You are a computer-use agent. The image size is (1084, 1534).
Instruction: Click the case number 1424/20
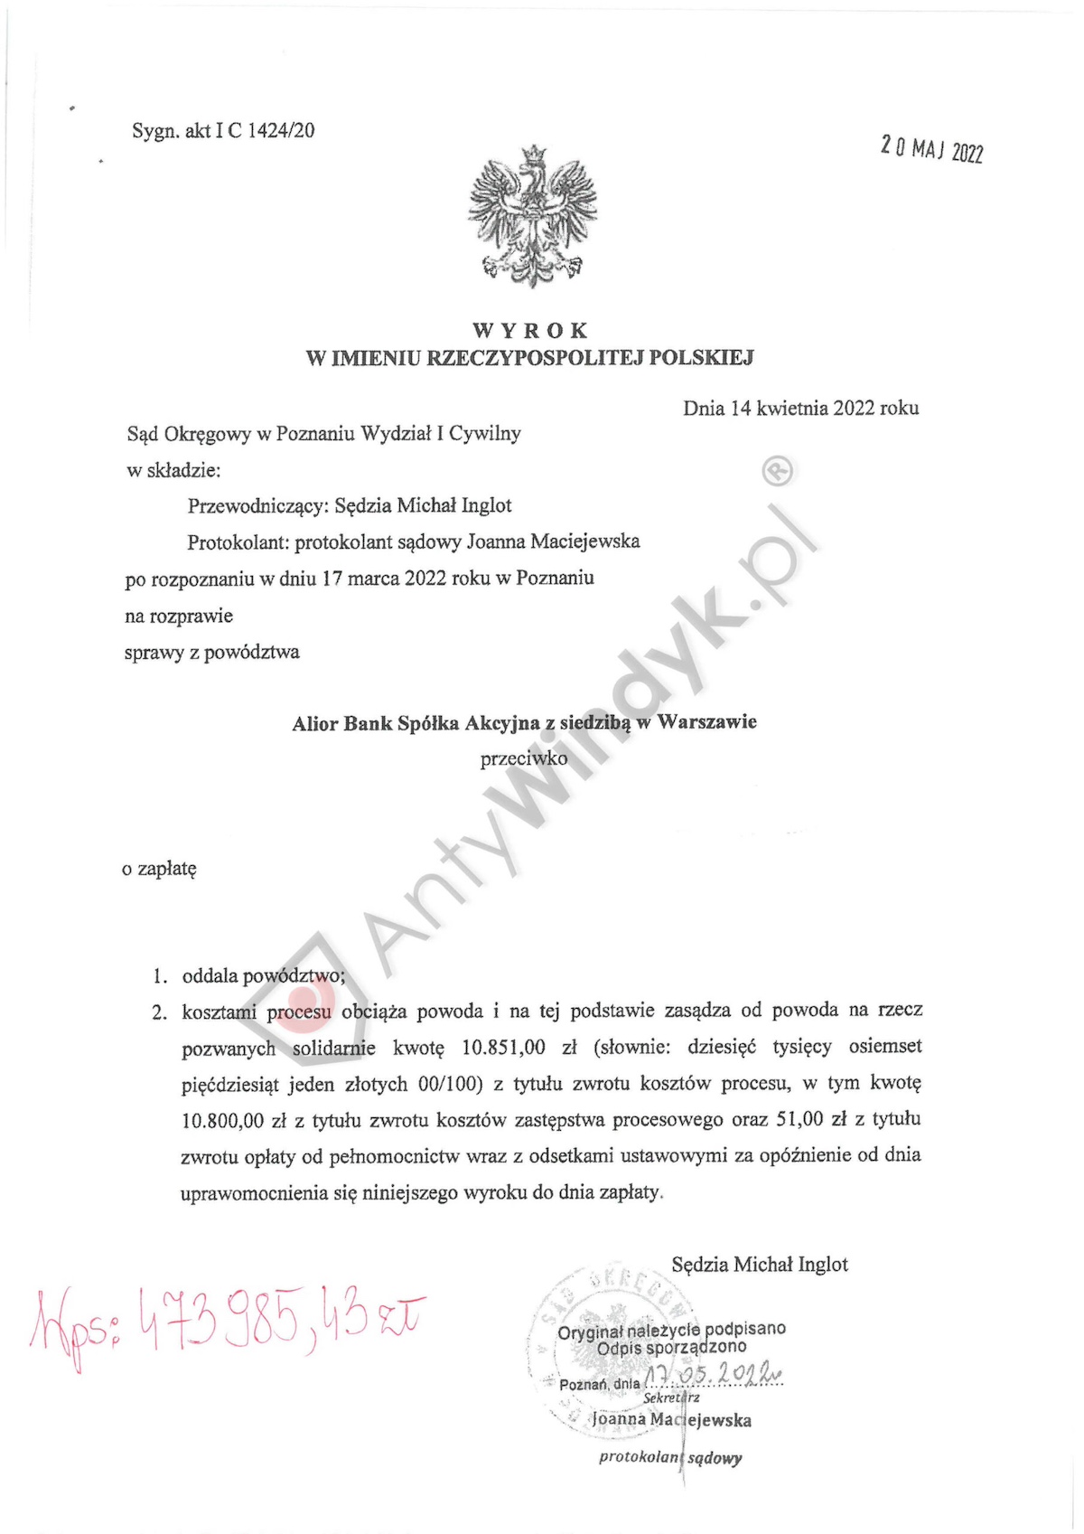tap(280, 130)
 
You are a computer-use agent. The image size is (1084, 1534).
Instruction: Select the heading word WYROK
tap(529, 330)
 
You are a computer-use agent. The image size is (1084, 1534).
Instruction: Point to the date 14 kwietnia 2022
tap(800, 408)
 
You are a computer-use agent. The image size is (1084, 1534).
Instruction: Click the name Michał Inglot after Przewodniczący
tap(462, 505)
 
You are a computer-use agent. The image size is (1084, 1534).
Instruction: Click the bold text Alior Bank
tap(341, 723)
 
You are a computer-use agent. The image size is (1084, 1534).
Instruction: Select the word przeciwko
tap(524, 758)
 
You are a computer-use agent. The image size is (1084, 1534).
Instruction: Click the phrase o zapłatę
tap(159, 869)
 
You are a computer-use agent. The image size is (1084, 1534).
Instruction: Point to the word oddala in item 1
tap(210, 976)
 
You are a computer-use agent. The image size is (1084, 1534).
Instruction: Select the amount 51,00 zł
tap(810, 1119)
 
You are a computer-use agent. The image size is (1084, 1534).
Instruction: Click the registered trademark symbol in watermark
tap(778, 470)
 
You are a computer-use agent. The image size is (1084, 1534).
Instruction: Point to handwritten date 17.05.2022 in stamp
tap(714, 1378)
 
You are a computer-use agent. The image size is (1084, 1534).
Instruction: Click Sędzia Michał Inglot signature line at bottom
tap(760, 1265)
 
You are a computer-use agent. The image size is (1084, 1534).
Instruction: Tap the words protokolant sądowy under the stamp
tap(670, 1457)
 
